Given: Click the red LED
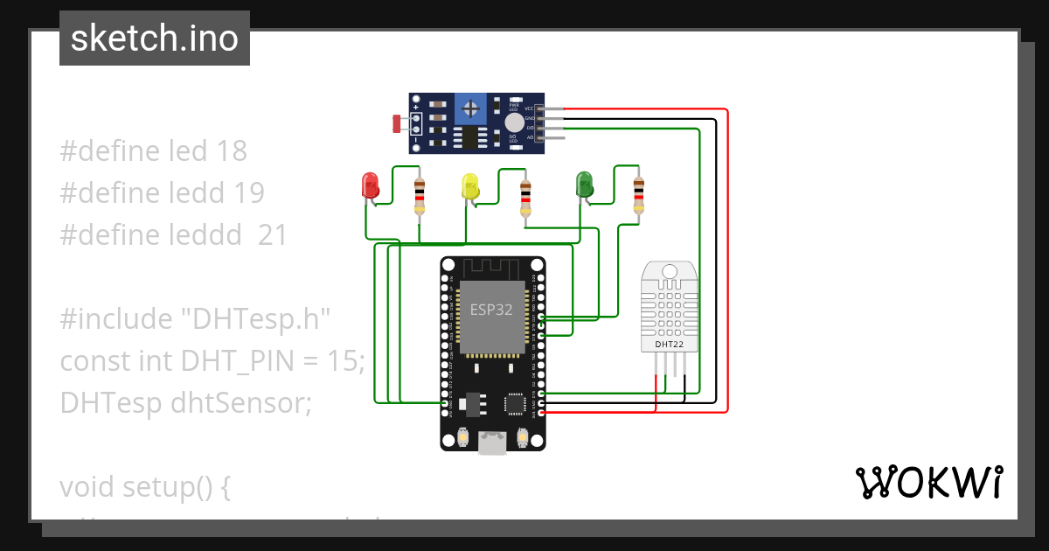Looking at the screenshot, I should click(370, 185).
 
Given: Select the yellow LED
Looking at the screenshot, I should click(470, 185).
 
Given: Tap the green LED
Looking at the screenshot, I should click(584, 184).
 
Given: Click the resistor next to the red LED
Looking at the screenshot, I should click(420, 196).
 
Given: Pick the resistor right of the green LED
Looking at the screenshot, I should click(639, 194).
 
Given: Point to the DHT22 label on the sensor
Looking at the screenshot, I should click(670, 345).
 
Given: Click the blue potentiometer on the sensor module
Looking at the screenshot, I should click(471, 109).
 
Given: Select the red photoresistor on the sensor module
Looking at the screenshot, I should click(398, 123).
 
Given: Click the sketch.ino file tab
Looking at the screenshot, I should click(155, 38).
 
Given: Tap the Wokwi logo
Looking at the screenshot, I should click(928, 483).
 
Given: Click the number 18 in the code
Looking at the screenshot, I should click(233, 151).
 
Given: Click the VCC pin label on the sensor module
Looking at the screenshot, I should click(529, 108).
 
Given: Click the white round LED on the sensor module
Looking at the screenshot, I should click(515, 122).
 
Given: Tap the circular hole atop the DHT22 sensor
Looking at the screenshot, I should click(670, 271).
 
